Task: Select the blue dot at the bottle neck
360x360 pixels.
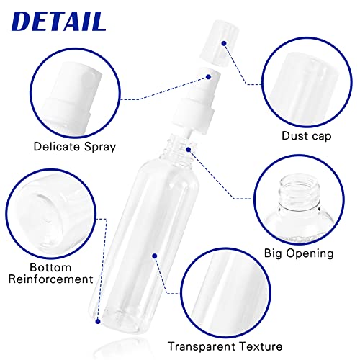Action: (x=189, y=149)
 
